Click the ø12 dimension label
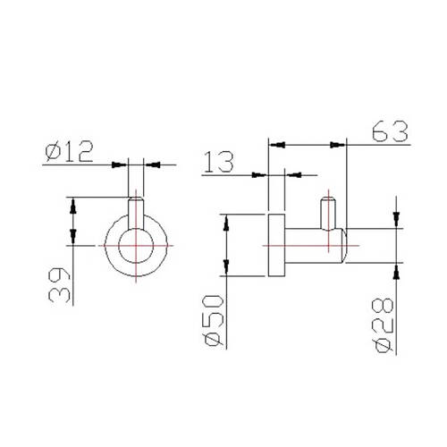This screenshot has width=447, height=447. pyautogui.click(x=70, y=152)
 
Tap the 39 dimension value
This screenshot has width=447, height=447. pyautogui.click(x=60, y=285)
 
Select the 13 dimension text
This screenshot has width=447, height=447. pyautogui.click(x=219, y=162)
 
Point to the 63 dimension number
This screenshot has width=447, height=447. pyautogui.click(x=390, y=131)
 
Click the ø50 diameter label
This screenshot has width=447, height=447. pyautogui.click(x=214, y=321)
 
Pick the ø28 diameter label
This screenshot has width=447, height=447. pyautogui.click(x=384, y=325)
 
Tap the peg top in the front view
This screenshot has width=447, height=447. pyautogui.click(x=136, y=199)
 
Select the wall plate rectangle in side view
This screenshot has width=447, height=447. pyautogui.click(x=276, y=245)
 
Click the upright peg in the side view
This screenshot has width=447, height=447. pyautogui.click(x=328, y=214)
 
